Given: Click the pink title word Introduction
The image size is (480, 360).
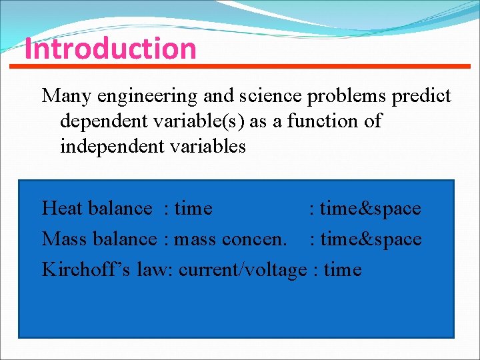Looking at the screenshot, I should [x=111, y=49].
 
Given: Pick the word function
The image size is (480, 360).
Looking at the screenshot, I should [x=319, y=121].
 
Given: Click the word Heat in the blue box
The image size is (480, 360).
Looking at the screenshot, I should [x=62, y=209].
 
